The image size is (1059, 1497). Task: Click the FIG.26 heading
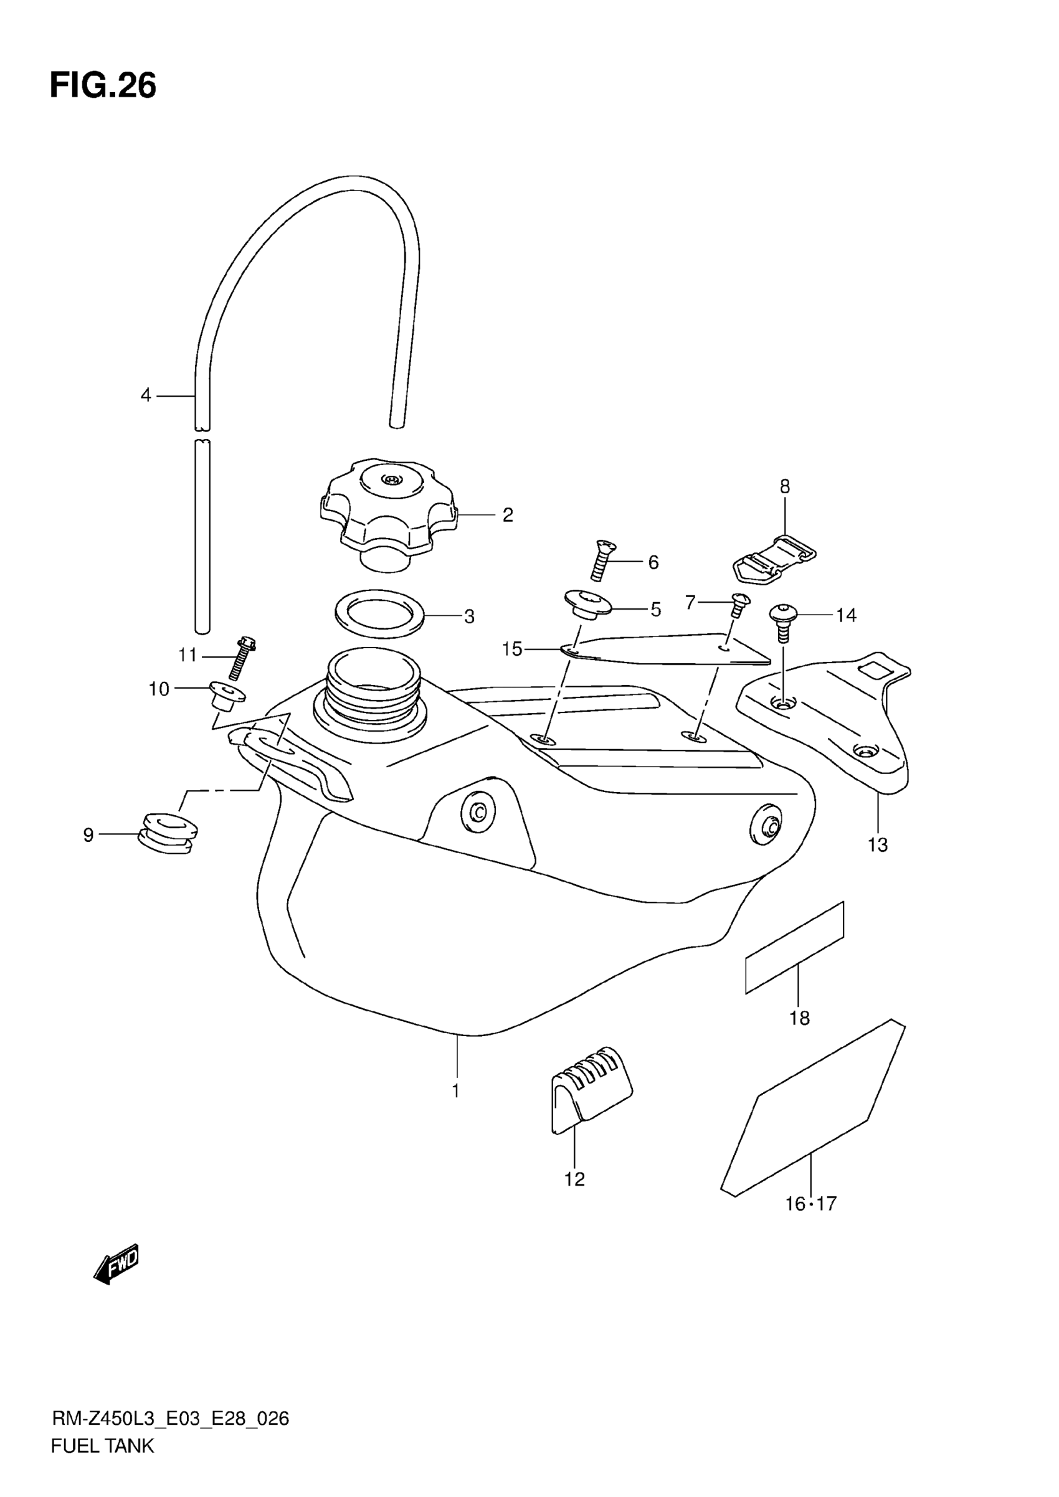tap(103, 85)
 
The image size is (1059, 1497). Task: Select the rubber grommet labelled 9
tap(168, 833)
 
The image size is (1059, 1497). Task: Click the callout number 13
tap(878, 845)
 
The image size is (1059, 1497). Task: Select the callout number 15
tap(512, 649)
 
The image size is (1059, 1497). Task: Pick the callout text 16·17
tap(810, 1204)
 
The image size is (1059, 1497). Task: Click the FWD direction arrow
tap(116, 1264)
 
